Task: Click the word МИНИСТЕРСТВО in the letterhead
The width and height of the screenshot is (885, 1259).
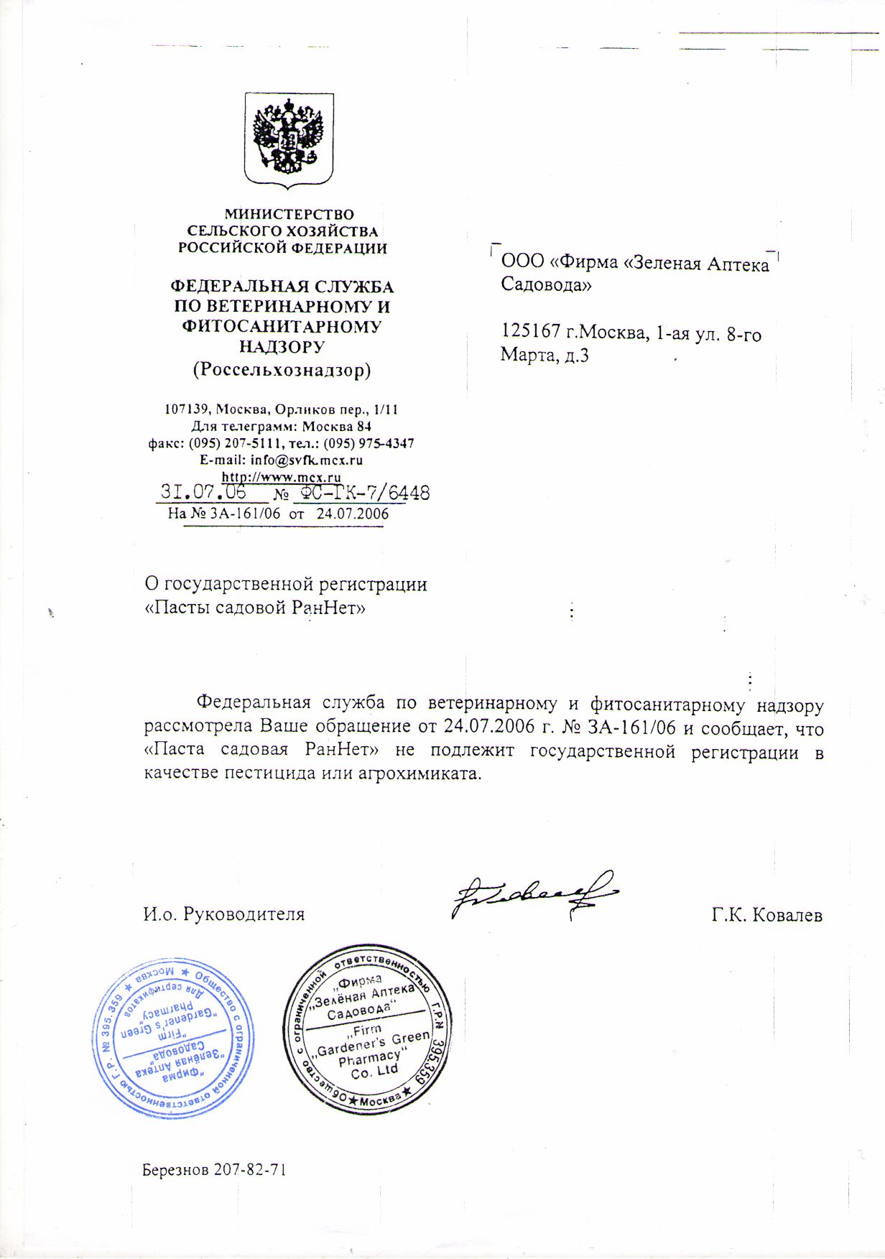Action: point(289,214)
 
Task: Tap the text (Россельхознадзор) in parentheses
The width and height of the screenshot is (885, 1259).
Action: point(282,370)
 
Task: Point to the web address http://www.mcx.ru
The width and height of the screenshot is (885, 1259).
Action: point(282,477)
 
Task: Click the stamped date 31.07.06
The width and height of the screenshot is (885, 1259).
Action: point(203,492)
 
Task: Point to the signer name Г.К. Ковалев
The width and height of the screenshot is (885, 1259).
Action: point(767,915)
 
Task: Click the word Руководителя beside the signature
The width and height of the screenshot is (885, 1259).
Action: point(244,914)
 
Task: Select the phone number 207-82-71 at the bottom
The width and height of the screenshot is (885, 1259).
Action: point(251,1169)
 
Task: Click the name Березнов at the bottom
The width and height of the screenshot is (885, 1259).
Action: point(176,1169)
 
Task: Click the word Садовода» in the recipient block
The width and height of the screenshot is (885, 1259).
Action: point(546,284)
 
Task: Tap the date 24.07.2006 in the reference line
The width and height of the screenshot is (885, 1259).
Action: point(352,514)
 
